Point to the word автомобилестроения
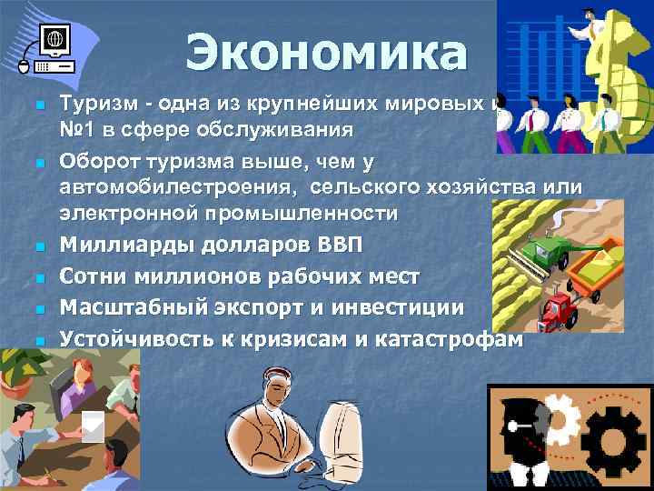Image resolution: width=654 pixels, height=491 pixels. click(x=178, y=187)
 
